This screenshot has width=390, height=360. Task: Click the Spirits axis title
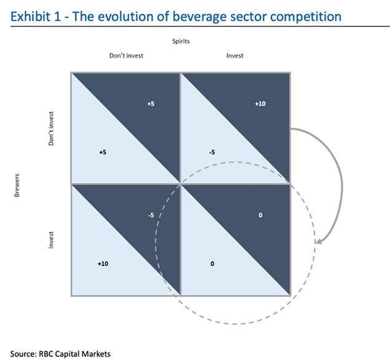coord(181,41)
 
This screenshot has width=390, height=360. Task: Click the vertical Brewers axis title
coord(17,186)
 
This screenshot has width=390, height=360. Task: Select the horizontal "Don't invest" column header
coord(127,55)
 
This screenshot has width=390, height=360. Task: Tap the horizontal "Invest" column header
coord(235,55)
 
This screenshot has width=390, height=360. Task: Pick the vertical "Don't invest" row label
coord(51,128)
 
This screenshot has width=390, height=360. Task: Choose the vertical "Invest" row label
coord(51,240)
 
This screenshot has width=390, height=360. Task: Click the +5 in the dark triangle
coord(150,104)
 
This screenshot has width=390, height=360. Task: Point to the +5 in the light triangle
coord(103,152)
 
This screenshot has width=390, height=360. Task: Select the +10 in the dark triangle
coord(260,104)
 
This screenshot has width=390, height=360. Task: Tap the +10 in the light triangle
coord(103,264)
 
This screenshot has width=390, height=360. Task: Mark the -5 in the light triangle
coord(212,152)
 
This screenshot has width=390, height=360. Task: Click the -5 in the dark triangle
coord(151,215)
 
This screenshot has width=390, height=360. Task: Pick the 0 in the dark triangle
coord(260,215)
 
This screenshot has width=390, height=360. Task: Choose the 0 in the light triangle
coord(212,264)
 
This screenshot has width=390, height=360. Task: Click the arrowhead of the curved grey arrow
coord(318,241)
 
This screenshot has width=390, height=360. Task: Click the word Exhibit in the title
coord(30,17)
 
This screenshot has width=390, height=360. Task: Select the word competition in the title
coord(306,17)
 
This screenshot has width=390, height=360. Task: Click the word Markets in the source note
coord(96,354)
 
